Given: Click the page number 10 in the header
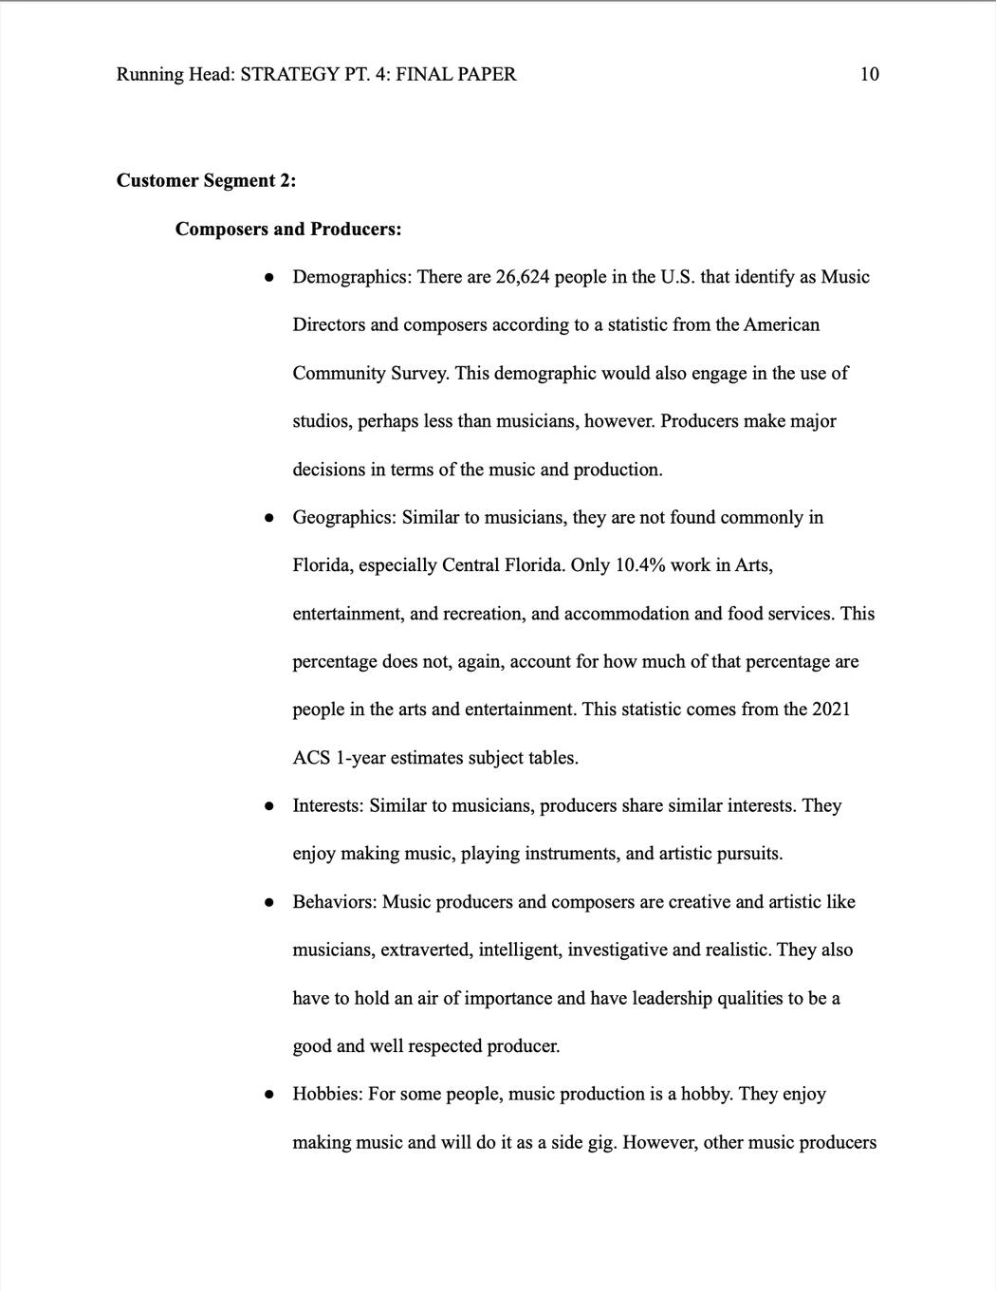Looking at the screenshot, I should [869, 74].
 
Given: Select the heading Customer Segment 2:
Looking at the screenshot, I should [206, 180].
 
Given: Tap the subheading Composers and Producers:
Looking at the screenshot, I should [288, 229].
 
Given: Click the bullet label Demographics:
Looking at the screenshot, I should [351, 277].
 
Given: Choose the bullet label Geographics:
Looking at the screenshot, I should [344, 517].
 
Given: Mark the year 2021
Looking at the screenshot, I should [831, 710].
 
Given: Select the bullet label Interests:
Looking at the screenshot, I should [327, 805].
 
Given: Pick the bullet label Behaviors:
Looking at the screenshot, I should [335, 901].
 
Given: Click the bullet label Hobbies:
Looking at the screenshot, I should [327, 1094].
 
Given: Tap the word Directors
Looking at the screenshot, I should [328, 324].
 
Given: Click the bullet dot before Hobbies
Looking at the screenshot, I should [270, 1094].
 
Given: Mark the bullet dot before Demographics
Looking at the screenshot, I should [270, 277].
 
